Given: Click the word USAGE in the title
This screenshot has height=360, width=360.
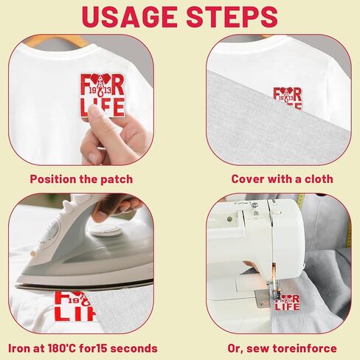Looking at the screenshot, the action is point(129,17).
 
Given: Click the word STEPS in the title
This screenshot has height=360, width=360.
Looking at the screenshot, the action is point(232,17).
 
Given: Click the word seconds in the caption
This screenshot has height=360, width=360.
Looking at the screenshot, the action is point(136,348).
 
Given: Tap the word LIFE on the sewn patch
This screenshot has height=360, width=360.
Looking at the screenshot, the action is point(287,307).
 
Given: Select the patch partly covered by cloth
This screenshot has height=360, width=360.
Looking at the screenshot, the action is point(288,98).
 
